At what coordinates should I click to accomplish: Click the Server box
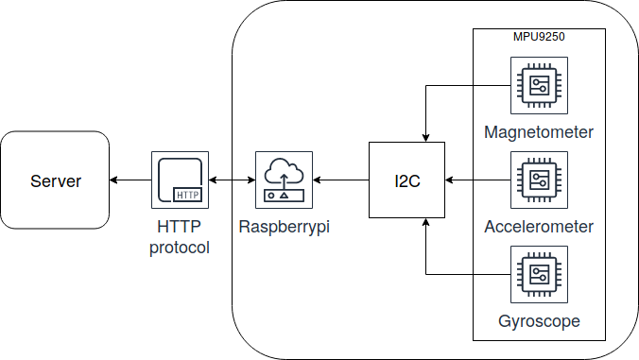[x=55, y=180]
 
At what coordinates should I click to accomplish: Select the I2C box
[x=406, y=180]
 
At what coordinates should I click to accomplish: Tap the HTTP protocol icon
[x=181, y=180]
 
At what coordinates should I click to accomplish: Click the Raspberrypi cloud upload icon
[x=284, y=180]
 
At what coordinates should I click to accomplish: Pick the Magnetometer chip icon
[x=539, y=86]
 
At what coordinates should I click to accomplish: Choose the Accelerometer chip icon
[x=539, y=180]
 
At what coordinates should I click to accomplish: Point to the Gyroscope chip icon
[x=539, y=274]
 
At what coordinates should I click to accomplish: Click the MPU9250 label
[x=539, y=37]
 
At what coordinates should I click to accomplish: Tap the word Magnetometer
[x=539, y=133]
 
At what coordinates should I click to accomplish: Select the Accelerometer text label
[x=539, y=227]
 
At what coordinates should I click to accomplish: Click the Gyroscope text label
[x=539, y=321]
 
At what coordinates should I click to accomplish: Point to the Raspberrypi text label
[x=284, y=227]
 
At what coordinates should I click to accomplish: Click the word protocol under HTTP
[x=180, y=248]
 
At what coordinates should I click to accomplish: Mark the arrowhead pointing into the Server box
[x=113, y=180]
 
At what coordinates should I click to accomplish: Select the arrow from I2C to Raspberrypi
[x=340, y=180]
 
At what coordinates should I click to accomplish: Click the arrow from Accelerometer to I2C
[x=478, y=180]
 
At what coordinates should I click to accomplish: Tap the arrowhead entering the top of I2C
[x=426, y=138]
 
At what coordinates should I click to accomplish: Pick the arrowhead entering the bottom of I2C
[x=426, y=222]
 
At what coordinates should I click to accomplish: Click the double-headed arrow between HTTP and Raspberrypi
[x=232, y=180]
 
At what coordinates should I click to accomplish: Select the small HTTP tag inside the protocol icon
[x=187, y=195]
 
